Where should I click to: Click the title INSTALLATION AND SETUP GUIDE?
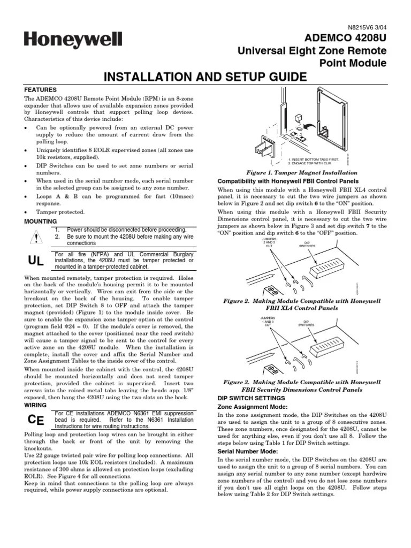[205, 77]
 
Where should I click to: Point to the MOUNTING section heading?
[41, 221]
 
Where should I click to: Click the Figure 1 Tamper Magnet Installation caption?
[301, 173]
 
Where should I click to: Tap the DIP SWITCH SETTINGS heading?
[250, 398]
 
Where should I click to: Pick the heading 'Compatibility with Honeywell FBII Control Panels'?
[285, 181]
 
